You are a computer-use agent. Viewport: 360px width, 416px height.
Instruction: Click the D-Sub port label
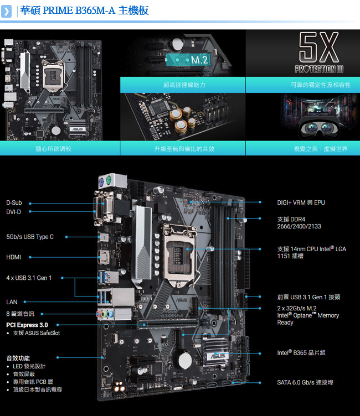(x=14, y=202)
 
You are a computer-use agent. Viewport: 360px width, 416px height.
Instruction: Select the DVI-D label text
(x=13, y=212)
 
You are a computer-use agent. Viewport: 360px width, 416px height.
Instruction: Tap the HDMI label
(x=13, y=257)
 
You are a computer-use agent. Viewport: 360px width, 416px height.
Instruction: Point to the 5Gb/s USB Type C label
(x=30, y=237)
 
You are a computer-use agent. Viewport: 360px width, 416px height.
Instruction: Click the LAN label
(x=12, y=302)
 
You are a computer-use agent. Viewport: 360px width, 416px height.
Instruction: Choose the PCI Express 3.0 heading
(x=27, y=325)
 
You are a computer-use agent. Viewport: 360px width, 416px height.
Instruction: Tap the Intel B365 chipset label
(x=301, y=352)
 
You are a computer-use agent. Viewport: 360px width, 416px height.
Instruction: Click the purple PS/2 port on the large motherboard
(x=101, y=183)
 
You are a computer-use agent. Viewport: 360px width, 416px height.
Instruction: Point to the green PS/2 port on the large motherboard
(x=109, y=181)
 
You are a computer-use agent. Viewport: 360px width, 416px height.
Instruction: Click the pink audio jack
(x=99, y=314)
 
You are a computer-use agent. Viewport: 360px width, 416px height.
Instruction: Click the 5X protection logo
(x=319, y=53)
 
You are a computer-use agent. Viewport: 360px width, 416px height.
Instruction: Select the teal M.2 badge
(x=188, y=60)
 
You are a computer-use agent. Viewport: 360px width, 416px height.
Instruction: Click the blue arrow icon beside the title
(x=7, y=11)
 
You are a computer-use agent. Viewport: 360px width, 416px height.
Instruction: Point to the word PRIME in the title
(x=58, y=11)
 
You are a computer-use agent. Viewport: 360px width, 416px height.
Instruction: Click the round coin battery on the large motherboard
(x=184, y=360)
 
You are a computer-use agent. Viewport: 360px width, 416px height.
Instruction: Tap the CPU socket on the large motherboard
(x=180, y=256)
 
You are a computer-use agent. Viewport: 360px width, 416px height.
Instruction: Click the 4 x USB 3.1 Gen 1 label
(x=29, y=278)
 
